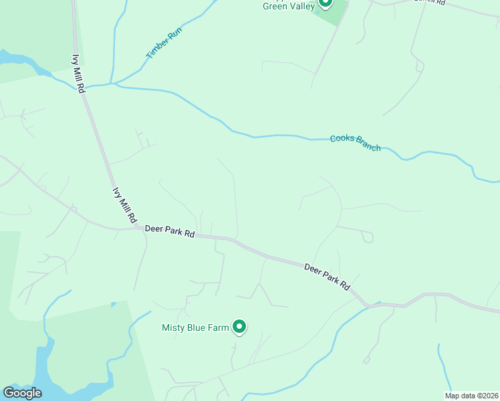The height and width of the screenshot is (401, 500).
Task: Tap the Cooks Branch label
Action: coord(356,143)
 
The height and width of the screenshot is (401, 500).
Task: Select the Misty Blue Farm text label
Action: coord(196,327)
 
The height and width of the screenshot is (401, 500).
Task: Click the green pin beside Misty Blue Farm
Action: coord(239,327)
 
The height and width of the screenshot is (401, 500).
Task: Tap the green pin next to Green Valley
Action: coord(325,3)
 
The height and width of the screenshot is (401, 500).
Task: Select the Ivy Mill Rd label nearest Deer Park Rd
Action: coord(124,205)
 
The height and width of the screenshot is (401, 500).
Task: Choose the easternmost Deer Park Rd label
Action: coord(327,275)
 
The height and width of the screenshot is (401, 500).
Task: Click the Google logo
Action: coord(22,393)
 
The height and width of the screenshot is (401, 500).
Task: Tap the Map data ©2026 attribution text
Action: coord(471,396)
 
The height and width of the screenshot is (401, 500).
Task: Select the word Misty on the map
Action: coord(173,327)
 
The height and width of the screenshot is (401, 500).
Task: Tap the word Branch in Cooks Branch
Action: coord(367,145)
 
